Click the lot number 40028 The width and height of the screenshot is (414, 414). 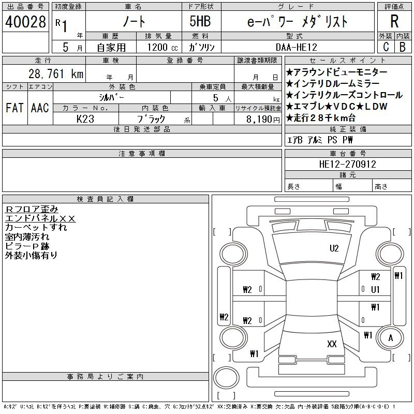click(x=25, y=22)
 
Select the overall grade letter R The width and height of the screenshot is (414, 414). click(x=394, y=21)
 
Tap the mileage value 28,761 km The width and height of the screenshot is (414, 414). click(x=56, y=74)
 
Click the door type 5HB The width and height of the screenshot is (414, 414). click(x=200, y=21)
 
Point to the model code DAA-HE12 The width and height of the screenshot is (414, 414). click(x=296, y=47)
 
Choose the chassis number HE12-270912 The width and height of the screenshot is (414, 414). click(x=347, y=164)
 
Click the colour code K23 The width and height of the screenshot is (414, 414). click(x=85, y=119)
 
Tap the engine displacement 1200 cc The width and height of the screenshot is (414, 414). click(x=162, y=47)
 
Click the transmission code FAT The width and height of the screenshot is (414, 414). click(x=14, y=108)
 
